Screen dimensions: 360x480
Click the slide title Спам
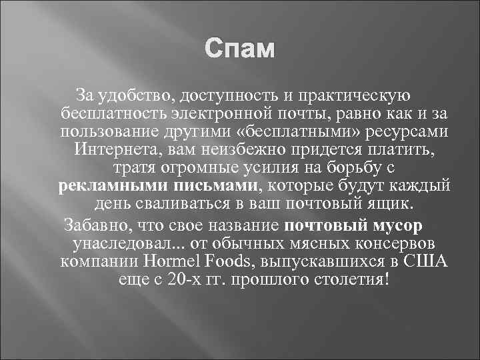pyautogui.click(x=240, y=50)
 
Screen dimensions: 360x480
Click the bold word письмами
pyautogui.click(x=215, y=184)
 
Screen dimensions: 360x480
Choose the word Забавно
pyautogui.click(x=93, y=223)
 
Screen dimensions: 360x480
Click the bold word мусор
pyautogui.click(x=397, y=223)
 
